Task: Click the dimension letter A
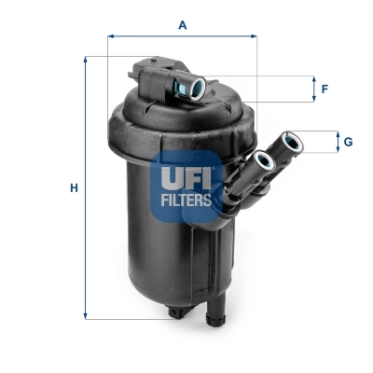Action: (183, 25)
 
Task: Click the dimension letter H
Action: (75, 188)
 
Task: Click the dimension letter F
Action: (325, 90)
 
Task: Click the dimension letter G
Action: (347, 142)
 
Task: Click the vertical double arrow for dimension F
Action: (313, 90)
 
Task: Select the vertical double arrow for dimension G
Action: (337, 142)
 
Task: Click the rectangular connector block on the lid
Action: (149, 74)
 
